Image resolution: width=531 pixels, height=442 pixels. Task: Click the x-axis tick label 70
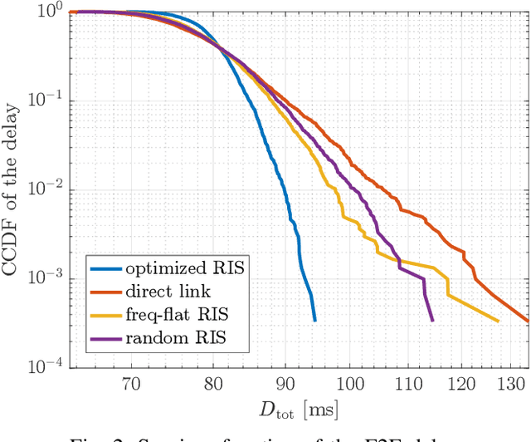(x=131, y=385)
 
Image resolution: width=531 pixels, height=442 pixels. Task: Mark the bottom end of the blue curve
(x=314, y=321)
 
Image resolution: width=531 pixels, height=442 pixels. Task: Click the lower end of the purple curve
(x=432, y=321)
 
